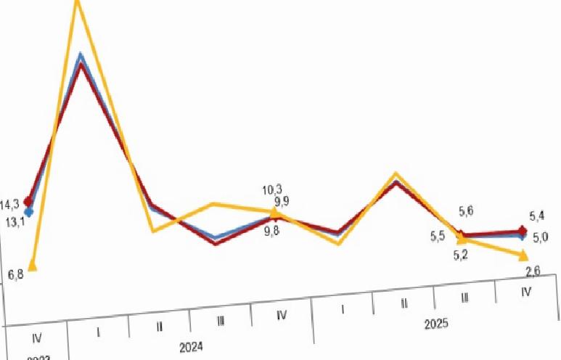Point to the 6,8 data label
click(15, 274)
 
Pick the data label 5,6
click(466, 211)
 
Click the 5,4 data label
click(538, 216)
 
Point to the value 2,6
click(532, 271)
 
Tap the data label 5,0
click(540, 237)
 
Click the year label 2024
click(191, 347)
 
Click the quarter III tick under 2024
click(220, 321)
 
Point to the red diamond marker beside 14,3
click(28, 201)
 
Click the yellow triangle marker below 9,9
click(274, 212)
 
